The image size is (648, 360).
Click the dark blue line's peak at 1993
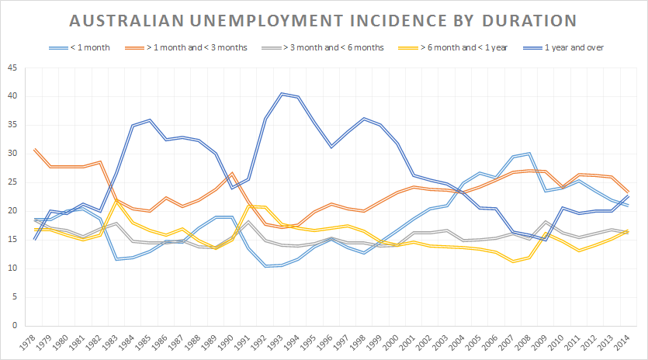click(282, 94)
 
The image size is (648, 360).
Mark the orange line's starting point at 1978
click(35, 149)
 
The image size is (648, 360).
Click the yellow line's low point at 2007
click(512, 261)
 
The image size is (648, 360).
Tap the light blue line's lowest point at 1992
click(265, 266)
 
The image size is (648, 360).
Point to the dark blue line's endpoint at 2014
click(628, 197)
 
